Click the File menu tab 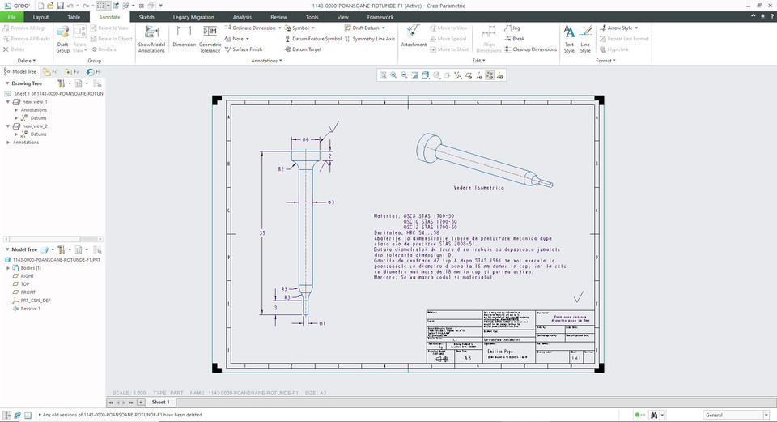(11, 16)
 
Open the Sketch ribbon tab (146, 16)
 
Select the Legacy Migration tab (193, 16)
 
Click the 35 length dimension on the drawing (262, 232)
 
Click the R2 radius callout (281, 169)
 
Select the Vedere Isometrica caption (479, 187)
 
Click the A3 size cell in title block (468, 356)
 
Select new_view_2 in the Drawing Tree (35, 126)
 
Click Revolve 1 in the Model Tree (32, 308)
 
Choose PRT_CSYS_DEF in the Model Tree (36, 300)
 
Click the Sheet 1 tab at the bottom (160, 402)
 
